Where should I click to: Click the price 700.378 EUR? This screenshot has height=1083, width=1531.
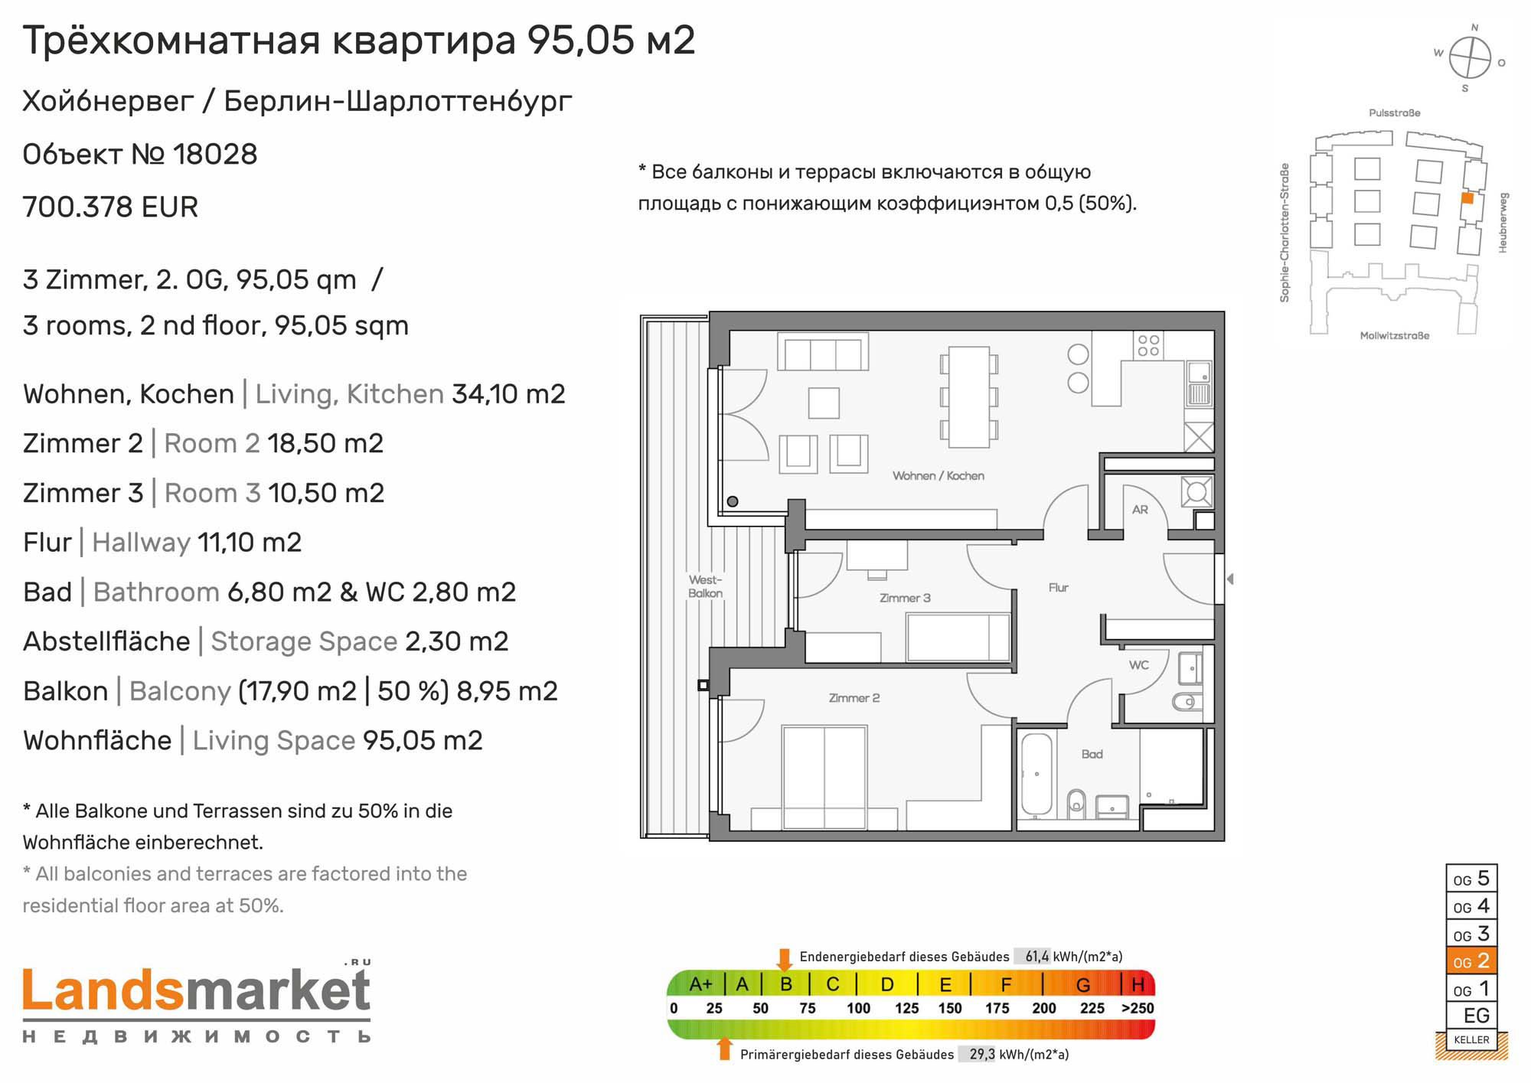[110, 207]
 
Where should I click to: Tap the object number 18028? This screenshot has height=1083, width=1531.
[215, 154]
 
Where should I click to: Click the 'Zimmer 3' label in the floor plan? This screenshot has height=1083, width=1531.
[905, 598]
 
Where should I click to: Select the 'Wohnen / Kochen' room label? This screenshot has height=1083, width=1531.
[938, 475]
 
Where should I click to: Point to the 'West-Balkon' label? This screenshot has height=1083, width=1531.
[705, 586]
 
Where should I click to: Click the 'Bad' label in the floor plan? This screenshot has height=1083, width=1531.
[1092, 754]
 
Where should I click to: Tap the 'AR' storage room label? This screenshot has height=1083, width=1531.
[1140, 510]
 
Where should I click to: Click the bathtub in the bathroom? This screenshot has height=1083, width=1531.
[1036, 774]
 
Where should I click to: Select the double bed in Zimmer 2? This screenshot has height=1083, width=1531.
[824, 778]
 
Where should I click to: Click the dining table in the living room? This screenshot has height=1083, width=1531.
[969, 396]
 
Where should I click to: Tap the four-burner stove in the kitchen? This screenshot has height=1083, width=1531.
[1148, 345]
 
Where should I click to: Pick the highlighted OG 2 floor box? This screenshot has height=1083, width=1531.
[1471, 961]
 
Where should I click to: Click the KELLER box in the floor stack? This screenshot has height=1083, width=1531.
[1471, 1039]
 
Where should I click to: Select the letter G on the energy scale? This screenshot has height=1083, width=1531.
[1083, 984]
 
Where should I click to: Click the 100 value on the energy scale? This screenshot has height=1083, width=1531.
[858, 1008]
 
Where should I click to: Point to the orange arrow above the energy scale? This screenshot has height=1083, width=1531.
[784, 959]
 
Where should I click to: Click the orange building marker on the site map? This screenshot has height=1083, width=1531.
[1467, 198]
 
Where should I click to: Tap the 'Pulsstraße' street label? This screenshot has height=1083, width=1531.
[1395, 113]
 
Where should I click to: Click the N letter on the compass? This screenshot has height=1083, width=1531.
[1474, 28]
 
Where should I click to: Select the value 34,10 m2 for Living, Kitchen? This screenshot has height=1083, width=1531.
[508, 393]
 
